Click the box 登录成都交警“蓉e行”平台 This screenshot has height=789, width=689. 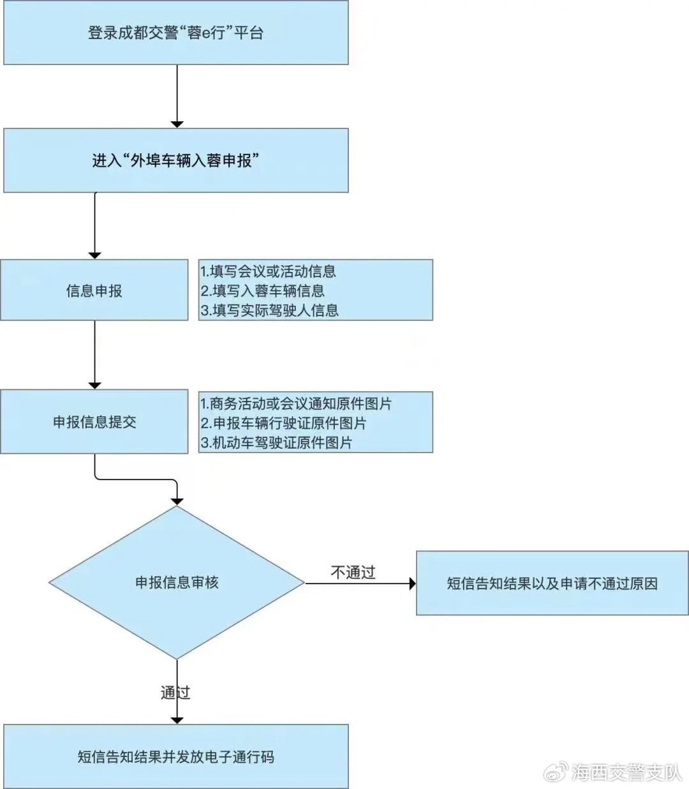pyautogui.click(x=176, y=33)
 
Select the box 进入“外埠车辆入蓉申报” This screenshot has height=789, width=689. pyautogui.click(x=176, y=160)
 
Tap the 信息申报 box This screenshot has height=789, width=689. pyautogui.click(x=94, y=290)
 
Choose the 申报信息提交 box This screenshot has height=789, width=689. pyautogui.click(x=94, y=421)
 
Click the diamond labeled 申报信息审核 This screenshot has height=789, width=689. pyautogui.click(x=177, y=582)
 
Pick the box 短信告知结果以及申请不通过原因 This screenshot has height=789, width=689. pyautogui.click(x=552, y=583)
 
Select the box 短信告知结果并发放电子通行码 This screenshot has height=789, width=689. pyautogui.click(x=176, y=756)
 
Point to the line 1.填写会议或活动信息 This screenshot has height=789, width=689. pyautogui.click(x=268, y=271)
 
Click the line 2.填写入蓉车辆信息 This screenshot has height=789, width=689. pyautogui.click(x=262, y=290)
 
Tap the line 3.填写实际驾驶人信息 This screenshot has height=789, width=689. pyautogui.click(x=270, y=310)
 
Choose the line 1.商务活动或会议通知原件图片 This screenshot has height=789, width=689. pyautogui.click(x=296, y=403)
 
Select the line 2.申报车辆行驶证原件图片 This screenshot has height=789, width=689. pyautogui.click(x=283, y=423)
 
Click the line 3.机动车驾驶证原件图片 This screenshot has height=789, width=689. pyautogui.click(x=276, y=442)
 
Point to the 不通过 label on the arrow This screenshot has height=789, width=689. pyautogui.click(x=353, y=572)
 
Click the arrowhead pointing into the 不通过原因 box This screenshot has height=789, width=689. pyautogui.click(x=413, y=583)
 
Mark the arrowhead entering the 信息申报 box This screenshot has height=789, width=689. pyautogui.click(x=95, y=256)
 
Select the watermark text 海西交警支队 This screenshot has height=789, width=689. pyautogui.click(x=626, y=772)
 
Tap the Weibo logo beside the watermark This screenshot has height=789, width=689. pyautogui.click(x=556, y=772)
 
